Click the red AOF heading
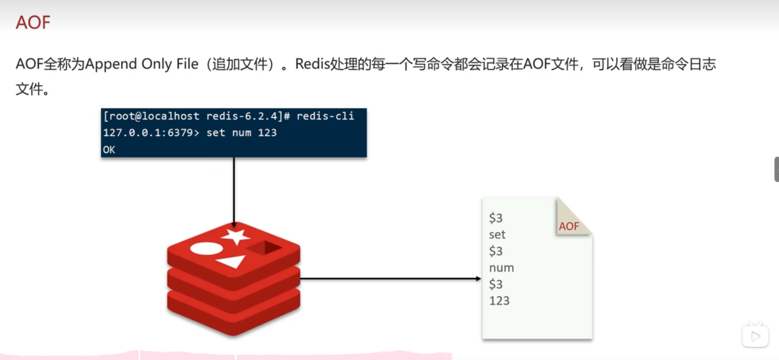pos(33,22)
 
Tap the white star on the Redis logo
pos(236,235)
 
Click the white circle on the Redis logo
pos(204,248)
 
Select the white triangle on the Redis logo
pos(231,263)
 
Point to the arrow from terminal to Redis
pos(234,190)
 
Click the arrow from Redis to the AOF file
pos(388,278)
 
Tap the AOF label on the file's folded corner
pos(569,226)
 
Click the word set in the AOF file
pos(498,234)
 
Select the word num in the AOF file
pos(501,268)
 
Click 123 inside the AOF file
pos(499,301)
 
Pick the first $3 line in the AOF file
pos(496,218)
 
